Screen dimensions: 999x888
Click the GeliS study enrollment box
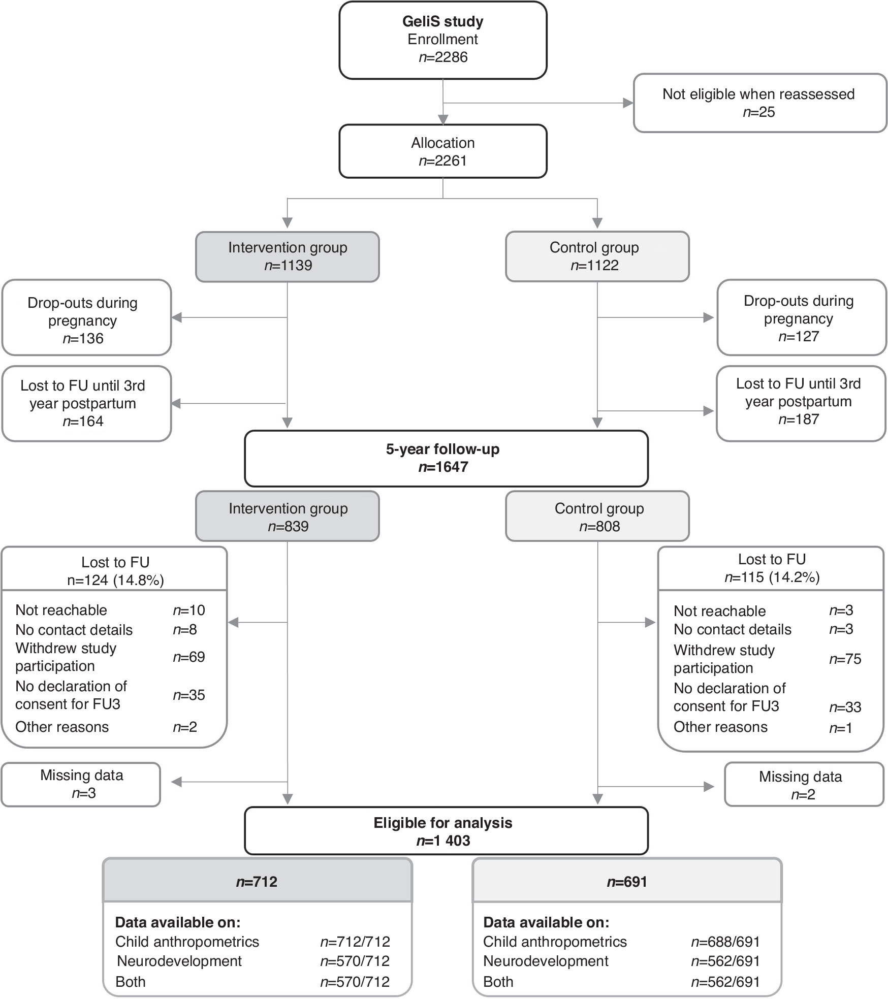click(442, 40)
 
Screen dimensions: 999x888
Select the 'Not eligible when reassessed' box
click(759, 103)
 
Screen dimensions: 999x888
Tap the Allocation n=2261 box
click(442, 151)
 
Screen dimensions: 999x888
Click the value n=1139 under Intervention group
click(288, 265)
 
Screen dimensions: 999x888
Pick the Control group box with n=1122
click(597, 256)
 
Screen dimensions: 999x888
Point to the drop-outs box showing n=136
click(86, 317)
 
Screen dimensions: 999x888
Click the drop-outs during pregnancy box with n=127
click(801, 317)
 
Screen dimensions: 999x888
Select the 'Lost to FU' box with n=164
click(86, 403)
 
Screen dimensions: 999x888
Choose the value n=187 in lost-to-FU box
click(799, 420)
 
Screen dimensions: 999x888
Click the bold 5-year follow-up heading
click(442, 449)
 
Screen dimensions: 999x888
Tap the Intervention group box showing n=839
click(288, 516)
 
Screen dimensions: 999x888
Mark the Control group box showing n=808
click(597, 516)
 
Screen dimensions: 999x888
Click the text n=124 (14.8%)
click(115, 580)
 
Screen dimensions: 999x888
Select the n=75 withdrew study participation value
click(845, 659)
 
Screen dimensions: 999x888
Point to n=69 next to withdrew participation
click(189, 657)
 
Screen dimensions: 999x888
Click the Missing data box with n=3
click(81, 784)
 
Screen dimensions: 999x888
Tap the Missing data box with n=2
click(804, 785)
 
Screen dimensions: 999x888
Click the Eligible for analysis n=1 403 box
click(446, 831)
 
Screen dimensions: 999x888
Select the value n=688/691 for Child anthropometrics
click(725, 942)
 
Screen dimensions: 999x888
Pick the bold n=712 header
click(257, 881)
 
